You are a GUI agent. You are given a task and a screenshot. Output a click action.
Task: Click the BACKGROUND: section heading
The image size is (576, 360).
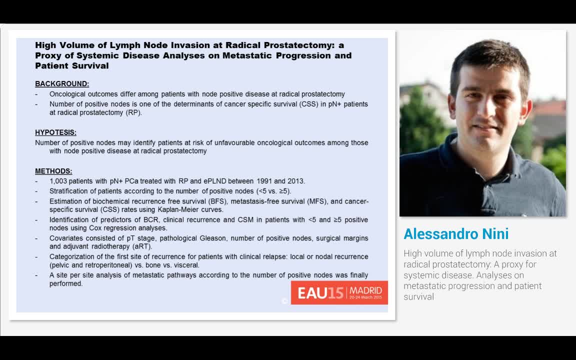pos(62,84)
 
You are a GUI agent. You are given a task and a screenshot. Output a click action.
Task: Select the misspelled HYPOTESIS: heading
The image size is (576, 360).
pos(55,132)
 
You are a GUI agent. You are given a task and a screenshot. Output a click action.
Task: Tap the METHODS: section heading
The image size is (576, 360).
pos(53,171)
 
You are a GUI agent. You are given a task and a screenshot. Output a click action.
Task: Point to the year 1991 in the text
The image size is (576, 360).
pos(265,181)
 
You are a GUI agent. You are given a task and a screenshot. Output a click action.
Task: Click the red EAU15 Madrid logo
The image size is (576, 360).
pos(339,292)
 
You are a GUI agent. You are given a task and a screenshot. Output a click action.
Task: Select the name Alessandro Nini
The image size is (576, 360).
pos(456,234)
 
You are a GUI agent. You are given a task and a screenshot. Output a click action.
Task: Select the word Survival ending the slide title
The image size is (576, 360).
pos(90,65)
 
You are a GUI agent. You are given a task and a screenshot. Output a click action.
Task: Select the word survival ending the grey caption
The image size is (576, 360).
pos(418,297)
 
